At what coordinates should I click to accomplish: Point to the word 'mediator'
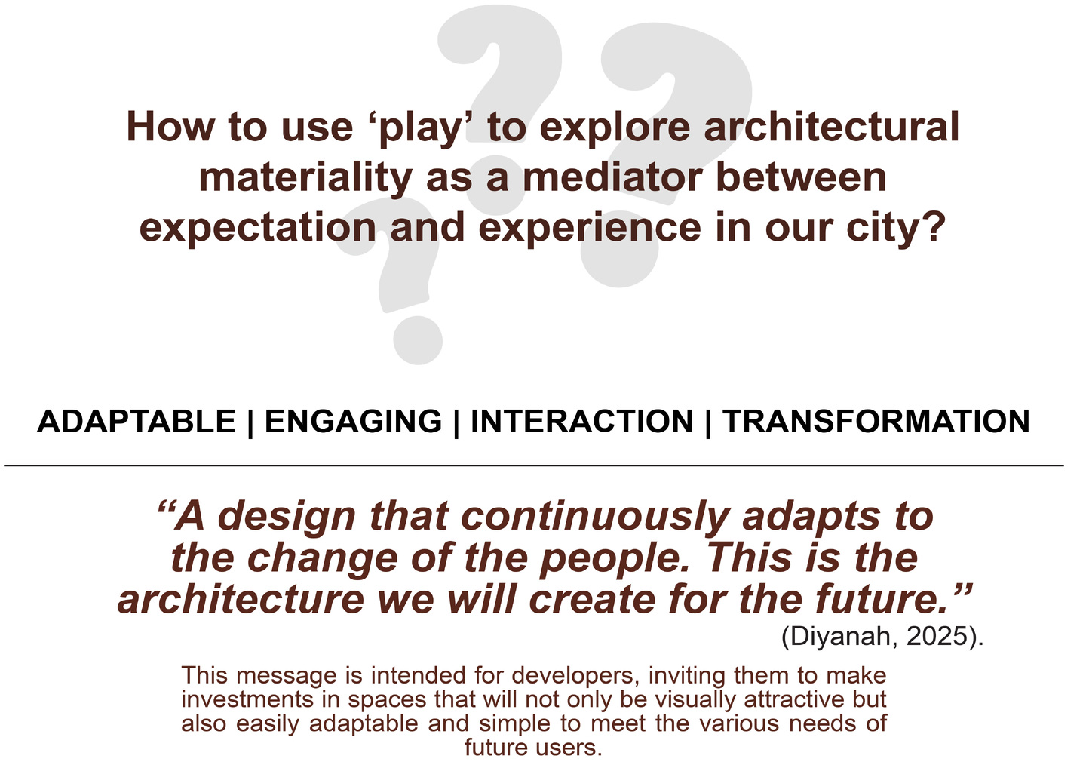click(612, 177)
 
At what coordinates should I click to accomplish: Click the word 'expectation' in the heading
click(258, 228)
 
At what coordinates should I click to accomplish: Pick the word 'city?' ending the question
click(896, 228)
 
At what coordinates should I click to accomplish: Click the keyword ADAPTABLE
click(137, 421)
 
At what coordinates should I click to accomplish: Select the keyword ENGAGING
click(354, 421)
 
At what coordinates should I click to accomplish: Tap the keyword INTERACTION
click(581, 421)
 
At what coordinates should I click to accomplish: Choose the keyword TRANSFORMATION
click(876, 421)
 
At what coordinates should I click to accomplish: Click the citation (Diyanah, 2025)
click(882, 636)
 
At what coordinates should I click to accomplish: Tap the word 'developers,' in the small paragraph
click(573, 675)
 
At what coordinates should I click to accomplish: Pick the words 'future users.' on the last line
click(533, 747)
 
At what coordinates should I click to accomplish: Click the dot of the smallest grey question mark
click(418, 340)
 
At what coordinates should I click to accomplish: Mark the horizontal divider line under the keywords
click(534, 466)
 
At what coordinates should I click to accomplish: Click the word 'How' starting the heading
click(170, 127)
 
